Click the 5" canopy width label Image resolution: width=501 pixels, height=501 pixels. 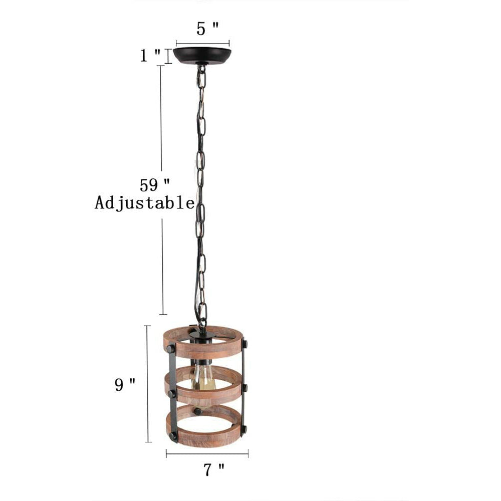208,29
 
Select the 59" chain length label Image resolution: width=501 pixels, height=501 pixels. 155,185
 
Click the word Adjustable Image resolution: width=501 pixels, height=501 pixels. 144,203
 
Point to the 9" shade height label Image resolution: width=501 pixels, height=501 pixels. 125,384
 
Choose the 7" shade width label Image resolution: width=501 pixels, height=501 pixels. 214,469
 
